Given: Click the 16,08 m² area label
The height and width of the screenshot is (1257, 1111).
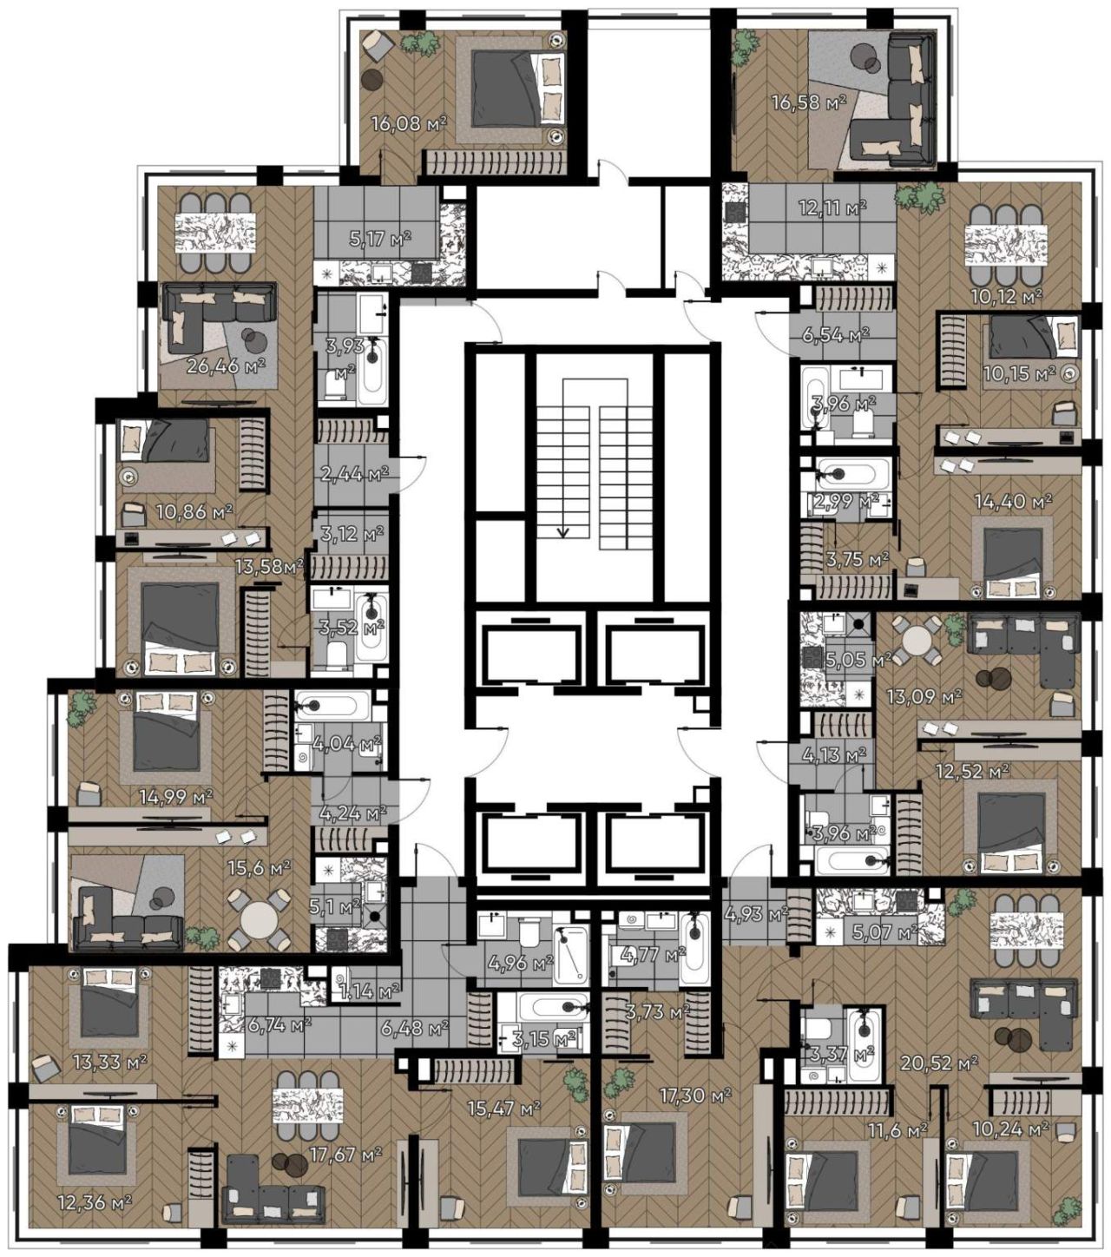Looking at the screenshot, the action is pyautogui.click(x=409, y=124).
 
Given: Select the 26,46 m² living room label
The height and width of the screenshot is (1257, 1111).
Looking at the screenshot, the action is pyautogui.click(x=226, y=366).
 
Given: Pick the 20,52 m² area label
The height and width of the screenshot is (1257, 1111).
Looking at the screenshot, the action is pyautogui.click(x=939, y=1063).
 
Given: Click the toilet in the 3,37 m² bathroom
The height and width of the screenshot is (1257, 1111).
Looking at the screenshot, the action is pyautogui.click(x=820, y=1030).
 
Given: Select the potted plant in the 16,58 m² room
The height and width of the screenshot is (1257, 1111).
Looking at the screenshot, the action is pyautogui.click(x=745, y=49).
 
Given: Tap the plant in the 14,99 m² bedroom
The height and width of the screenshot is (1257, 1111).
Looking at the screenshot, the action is pyautogui.click(x=81, y=707).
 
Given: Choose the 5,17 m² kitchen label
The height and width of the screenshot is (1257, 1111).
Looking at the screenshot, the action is pyautogui.click(x=380, y=238).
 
